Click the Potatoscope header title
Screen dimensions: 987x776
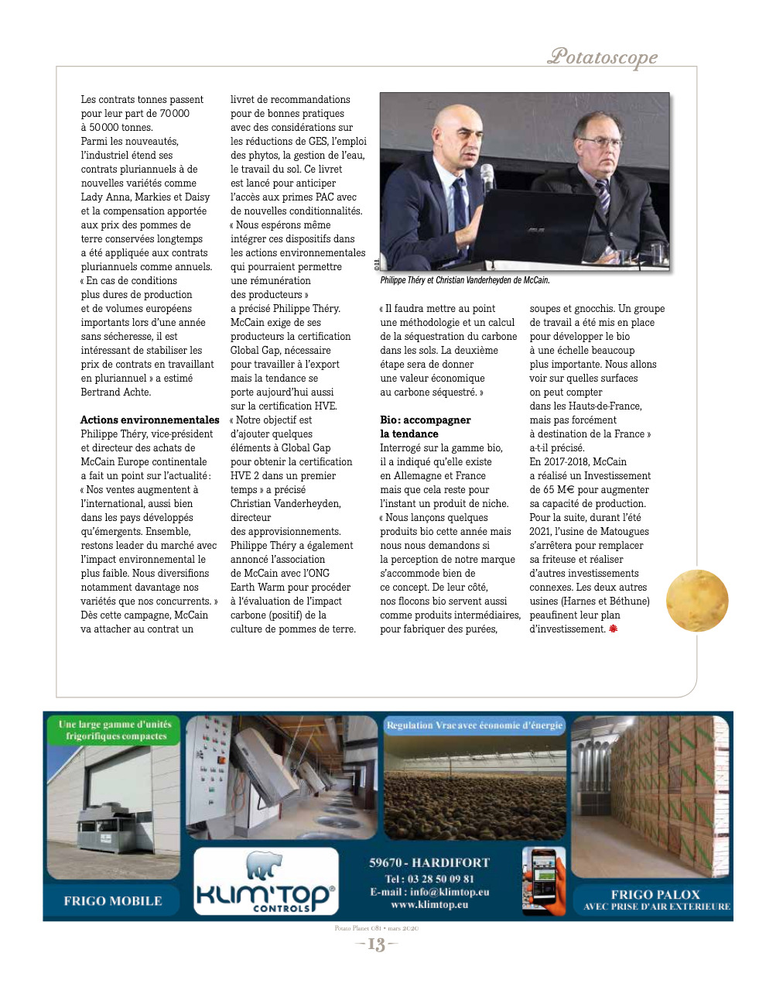(603, 57)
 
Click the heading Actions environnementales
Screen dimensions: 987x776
(150, 420)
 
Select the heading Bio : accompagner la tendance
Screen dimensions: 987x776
(425, 427)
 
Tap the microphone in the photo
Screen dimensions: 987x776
(487, 177)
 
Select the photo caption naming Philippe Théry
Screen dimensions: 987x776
(464, 280)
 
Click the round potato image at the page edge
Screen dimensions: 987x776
(697, 601)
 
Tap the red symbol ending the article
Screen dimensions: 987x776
(614, 629)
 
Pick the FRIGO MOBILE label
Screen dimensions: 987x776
(113, 901)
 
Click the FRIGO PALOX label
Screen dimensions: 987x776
(655, 895)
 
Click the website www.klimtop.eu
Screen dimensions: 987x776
(429, 904)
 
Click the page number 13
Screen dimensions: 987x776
(376, 944)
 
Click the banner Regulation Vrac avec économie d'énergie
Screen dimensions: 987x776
(474, 725)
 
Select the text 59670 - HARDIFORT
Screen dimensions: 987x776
(429, 862)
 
